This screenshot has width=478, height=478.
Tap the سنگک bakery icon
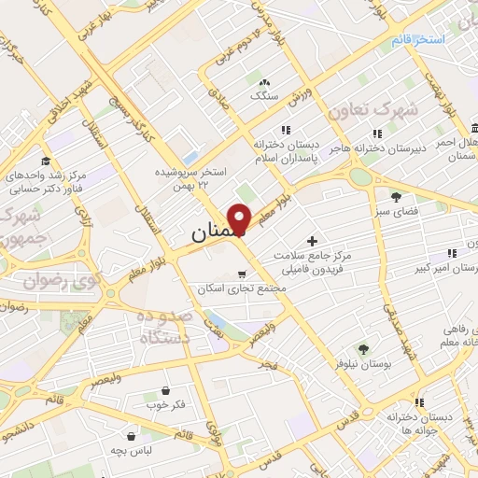pyautogui.click(x=264, y=81)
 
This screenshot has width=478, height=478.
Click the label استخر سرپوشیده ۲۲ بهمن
pyautogui.click(x=191, y=178)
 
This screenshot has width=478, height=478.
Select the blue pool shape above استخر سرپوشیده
pyautogui.click(x=190, y=158)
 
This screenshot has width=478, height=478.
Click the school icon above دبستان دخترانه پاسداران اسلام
pyautogui.click(x=286, y=131)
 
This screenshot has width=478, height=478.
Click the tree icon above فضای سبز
pyautogui.click(x=396, y=196)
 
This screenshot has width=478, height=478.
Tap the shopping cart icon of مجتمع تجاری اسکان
pyautogui.click(x=242, y=274)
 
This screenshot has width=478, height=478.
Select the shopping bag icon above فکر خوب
pyautogui.click(x=165, y=390)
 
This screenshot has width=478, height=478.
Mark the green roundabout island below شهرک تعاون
pyautogui.click(x=360, y=176)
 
